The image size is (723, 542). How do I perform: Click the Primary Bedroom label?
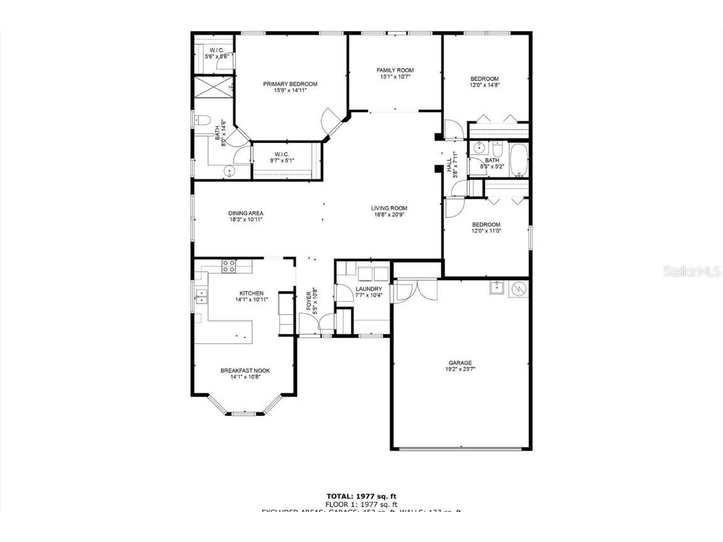coord(290,84)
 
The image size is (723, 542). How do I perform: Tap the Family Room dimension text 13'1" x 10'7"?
coord(395,77)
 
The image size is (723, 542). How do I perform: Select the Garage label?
coord(460,363)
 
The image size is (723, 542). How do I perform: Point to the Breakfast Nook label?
coord(245,371)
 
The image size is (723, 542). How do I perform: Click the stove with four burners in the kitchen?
coord(229,267)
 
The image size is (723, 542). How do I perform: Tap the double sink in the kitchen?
coord(201,295)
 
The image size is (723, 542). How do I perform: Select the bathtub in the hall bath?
coord(518,160)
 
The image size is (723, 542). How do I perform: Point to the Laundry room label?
coord(368,289)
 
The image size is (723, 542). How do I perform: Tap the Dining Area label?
coord(245,213)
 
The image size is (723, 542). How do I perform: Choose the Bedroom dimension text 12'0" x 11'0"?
coord(486,231)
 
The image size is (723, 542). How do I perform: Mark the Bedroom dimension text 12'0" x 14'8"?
coord(485,85)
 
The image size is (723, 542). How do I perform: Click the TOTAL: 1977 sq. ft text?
coord(361,496)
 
